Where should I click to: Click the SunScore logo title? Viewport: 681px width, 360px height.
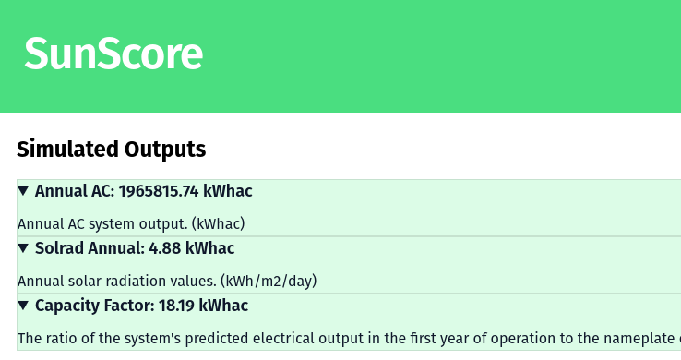coord(113,54)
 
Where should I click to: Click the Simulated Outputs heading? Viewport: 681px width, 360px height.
coord(111,149)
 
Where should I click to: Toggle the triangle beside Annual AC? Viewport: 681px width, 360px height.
coord(24,191)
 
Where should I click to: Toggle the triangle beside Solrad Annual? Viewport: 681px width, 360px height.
coord(24,248)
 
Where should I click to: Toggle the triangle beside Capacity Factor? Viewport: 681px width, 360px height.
coord(24,306)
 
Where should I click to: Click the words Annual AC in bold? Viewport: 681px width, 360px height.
coord(72,191)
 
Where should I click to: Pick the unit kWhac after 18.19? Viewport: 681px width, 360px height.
coord(224,306)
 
